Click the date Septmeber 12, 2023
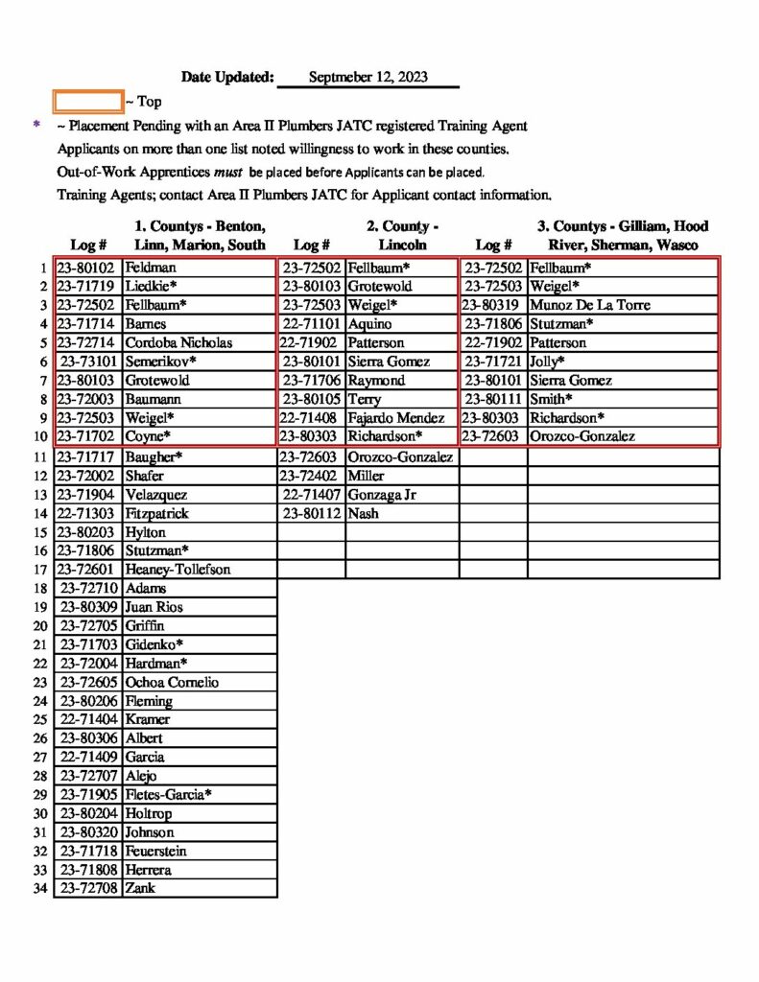(x=368, y=78)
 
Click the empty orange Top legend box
(x=88, y=101)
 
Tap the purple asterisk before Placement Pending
(x=37, y=126)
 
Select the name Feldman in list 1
(x=151, y=268)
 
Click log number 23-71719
(x=87, y=287)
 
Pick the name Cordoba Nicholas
(x=178, y=342)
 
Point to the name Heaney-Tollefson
(x=178, y=570)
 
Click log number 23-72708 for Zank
(x=89, y=888)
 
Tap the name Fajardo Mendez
(x=396, y=418)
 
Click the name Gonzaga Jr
(x=382, y=495)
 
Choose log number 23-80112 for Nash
(x=310, y=514)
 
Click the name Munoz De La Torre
(x=590, y=305)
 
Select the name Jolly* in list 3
(x=547, y=362)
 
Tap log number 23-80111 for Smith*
(x=494, y=399)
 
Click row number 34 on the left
(x=40, y=888)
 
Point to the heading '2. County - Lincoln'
(x=402, y=236)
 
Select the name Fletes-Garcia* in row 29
(x=168, y=795)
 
